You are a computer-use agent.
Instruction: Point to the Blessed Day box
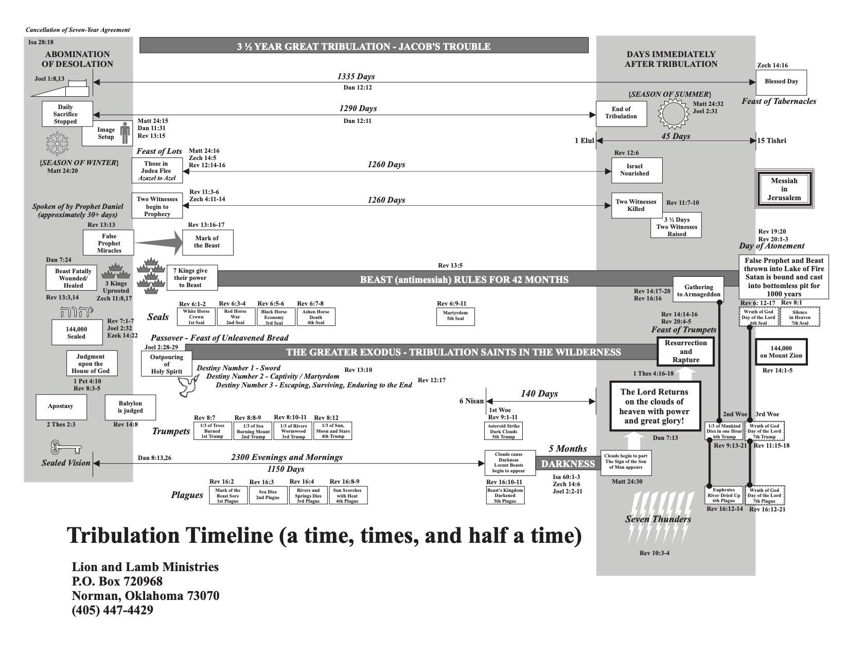781,81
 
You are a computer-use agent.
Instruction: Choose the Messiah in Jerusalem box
784,189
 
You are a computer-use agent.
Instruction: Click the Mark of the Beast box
207,242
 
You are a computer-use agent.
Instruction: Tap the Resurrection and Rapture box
686,352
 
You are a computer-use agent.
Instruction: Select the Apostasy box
61,406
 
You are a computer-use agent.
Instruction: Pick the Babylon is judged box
130,407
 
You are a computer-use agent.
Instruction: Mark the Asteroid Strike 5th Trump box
503,431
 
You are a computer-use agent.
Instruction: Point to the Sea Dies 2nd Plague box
268,494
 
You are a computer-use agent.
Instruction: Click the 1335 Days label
356,76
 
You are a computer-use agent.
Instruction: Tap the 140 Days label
539,394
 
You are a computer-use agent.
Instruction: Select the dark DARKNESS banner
568,464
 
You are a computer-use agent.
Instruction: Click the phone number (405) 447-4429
113,610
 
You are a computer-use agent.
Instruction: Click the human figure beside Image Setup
125,133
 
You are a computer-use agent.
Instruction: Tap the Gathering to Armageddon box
698,291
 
